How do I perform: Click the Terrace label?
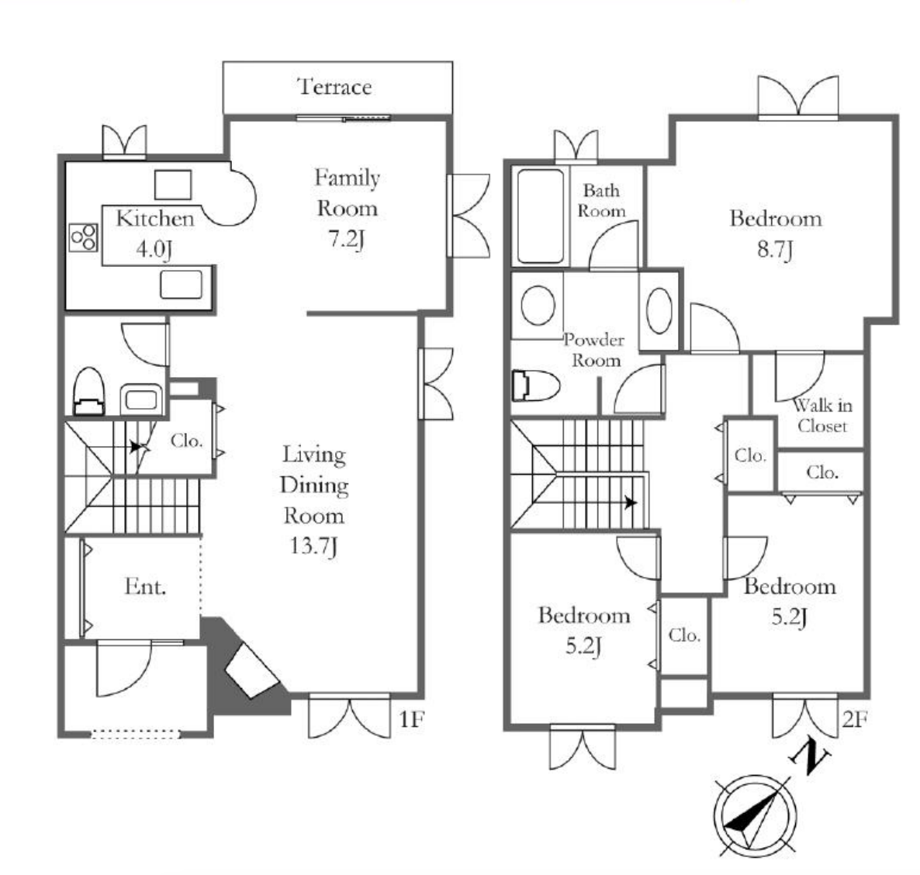click(x=334, y=87)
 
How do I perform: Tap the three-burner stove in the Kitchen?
click(x=83, y=237)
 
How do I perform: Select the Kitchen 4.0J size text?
click(x=154, y=249)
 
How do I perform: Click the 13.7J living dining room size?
click(x=313, y=546)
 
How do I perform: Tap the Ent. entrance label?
click(x=146, y=586)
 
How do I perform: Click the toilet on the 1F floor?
click(x=88, y=392)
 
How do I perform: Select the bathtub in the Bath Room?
click(x=541, y=216)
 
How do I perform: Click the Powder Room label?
click(x=594, y=350)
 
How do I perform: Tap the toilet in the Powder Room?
click(x=536, y=386)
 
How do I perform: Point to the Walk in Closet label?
click(x=822, y=416)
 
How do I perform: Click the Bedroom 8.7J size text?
click(x=775, y=250)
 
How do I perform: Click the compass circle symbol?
click(x=756, y=816)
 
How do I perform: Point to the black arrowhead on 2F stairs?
click(x=631, y=503)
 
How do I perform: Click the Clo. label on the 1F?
click(x=187, y=440)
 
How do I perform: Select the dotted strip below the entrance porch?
click(x=136, y=734)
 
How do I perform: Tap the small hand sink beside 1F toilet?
click(x=141, y=399)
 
